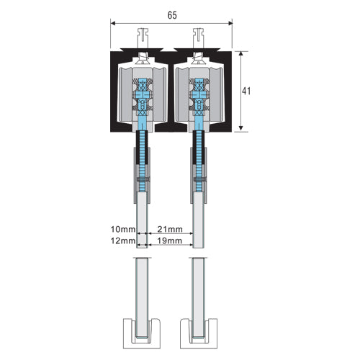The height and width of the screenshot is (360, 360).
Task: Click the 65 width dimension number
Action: (x=172, y=14)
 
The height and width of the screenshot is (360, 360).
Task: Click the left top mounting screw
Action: (x=143, y=36)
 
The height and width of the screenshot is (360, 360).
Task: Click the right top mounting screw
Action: (x=199, y=36)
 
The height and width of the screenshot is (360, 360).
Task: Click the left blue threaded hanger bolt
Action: (x=143, y=155)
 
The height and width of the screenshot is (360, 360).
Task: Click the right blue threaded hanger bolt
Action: (x=199, y=155)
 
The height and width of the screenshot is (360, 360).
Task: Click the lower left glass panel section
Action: (x=143, y=288)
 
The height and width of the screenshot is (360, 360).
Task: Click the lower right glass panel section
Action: (x=199, y=288)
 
